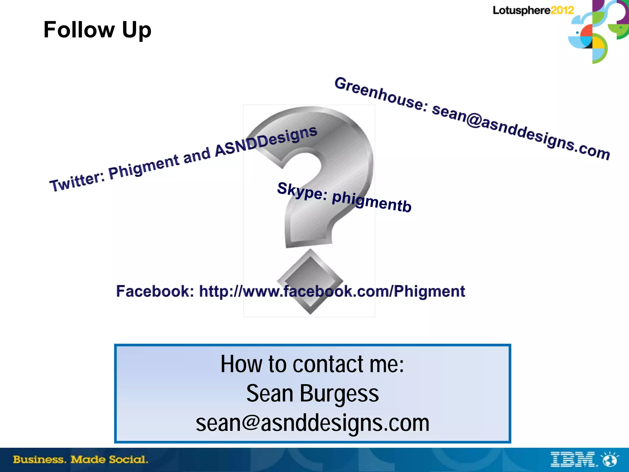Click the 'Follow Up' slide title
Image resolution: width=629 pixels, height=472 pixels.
point(97,30)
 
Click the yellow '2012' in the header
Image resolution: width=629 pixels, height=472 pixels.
point(562,10)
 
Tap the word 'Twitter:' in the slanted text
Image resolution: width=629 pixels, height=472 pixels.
point(77,181)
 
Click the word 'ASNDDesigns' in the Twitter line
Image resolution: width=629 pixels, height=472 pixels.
point(266,141)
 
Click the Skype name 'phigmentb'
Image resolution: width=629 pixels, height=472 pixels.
point(372,202)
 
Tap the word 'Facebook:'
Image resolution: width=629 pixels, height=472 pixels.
point(155,291)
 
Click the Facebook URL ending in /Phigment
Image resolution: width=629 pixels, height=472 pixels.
point(332,291)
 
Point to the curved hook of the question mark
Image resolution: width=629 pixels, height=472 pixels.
point(338,144)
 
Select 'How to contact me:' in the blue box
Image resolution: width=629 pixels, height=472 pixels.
point(312,364)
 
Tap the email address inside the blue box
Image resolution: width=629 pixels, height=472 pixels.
point(312,423)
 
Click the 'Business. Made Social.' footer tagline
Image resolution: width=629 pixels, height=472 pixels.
point(80,460)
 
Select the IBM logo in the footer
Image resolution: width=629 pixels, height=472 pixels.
point(573,460)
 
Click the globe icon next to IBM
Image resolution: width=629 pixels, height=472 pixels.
point(610,460)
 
